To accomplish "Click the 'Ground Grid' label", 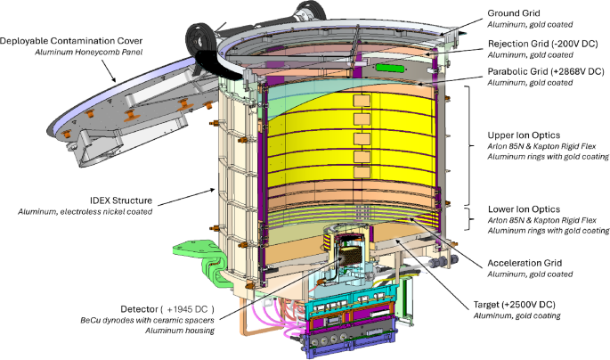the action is click(514, 13).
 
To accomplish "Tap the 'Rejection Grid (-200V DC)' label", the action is click(542, 44).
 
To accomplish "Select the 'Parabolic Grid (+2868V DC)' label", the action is click(546, 71).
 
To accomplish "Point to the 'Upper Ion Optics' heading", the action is click(524, 135).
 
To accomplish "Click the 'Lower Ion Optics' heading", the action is click(524, 209).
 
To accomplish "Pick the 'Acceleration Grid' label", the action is click(525, 263).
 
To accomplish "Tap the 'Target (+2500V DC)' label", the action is click(515, 305).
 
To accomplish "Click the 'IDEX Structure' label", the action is click(121, 200).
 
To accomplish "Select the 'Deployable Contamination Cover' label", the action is click(71, 41).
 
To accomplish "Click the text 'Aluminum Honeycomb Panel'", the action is click(89, 53).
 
